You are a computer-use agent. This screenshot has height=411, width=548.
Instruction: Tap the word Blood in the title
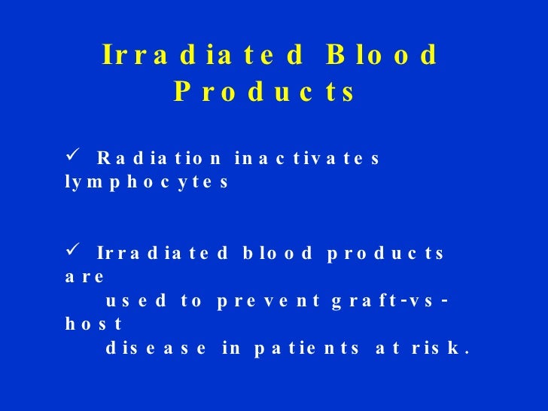coord(382,56)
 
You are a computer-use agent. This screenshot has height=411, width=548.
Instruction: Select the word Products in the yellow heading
coord(263,93)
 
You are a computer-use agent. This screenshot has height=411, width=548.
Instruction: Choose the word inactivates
coord(308,159)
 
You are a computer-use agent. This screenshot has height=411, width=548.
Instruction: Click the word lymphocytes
coord(145,183)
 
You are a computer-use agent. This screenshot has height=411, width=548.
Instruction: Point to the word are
coord(84,277)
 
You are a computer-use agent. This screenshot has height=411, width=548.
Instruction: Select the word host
coord(93,325)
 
